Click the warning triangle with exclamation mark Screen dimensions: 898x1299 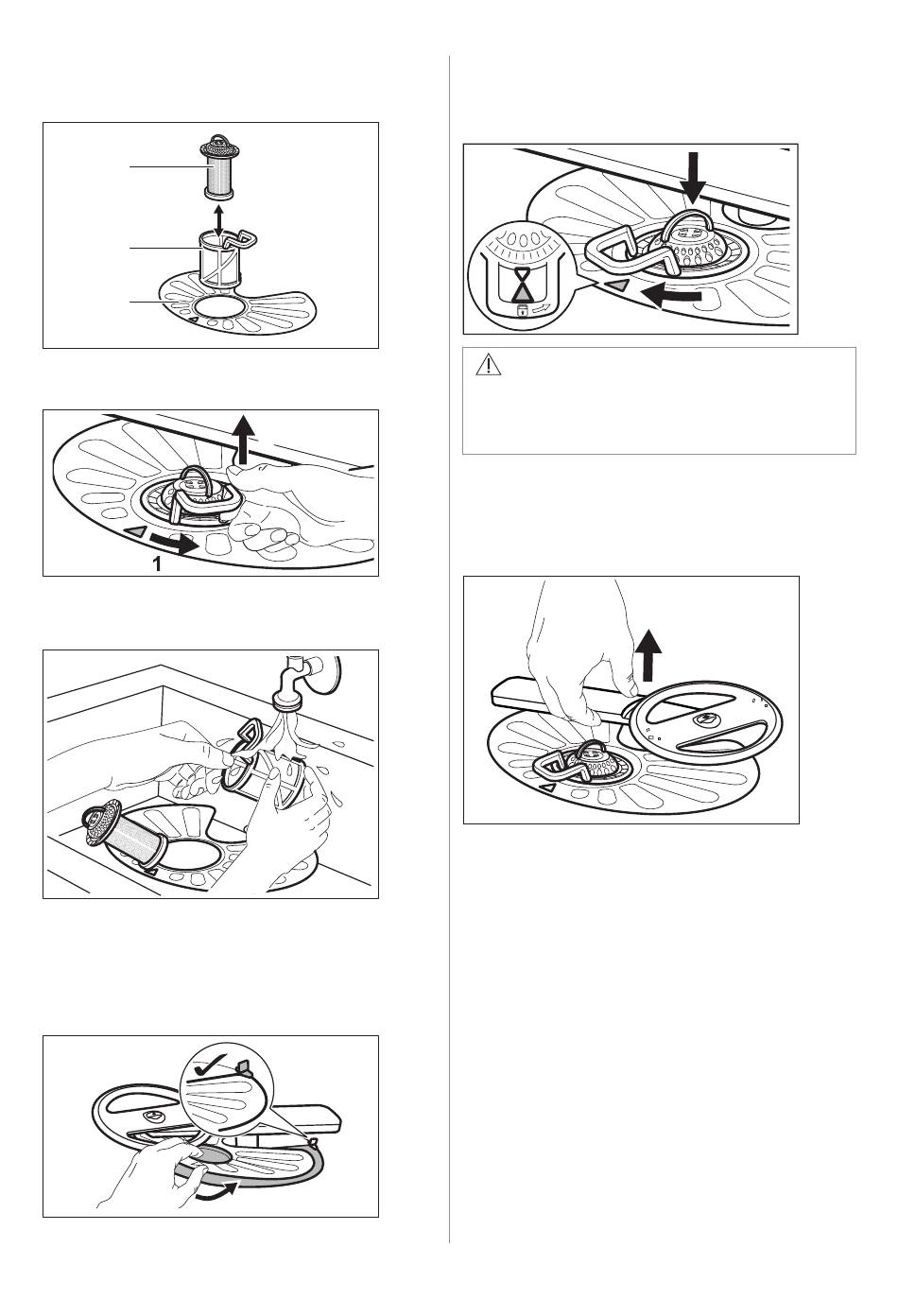point(488,365)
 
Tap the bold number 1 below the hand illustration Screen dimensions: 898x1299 point(157,563)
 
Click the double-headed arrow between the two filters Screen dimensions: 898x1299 point(219,221)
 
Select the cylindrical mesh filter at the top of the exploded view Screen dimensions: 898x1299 point(219,167)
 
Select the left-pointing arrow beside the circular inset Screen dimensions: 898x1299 point(671,296)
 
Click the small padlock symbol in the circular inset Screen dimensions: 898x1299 point(522,311)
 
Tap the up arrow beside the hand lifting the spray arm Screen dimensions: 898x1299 point(649,655)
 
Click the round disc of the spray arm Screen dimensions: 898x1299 point(705,720)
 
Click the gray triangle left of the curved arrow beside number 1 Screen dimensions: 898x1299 point(137,530)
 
